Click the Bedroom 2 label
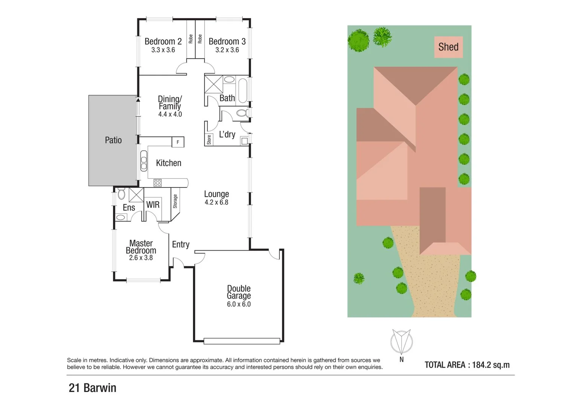[x=163, y=42]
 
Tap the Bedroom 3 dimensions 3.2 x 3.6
[x=227, y=50]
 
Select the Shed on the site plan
[x=448, y=47]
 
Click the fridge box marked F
[x=178, y=142]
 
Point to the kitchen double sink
[x=144, y=161]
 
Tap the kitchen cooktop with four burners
[x=157, y=183]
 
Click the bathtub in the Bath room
[x=243, y=90]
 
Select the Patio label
[x=113, y=140]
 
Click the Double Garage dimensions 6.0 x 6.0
[x=239, y=304]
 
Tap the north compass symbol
[x=401, y=342]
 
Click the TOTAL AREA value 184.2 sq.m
[x=491, y=365]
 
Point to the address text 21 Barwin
[x=92, y=388]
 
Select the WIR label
[x=153, y=205]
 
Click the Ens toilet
[x=122, y=194]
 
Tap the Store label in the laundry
[x=209, y=140]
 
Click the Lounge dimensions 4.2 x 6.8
[x=216, y=202]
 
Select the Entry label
[x=181, y=245]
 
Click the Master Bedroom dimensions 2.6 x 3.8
[x=141, y=258]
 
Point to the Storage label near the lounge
[x=175, y=201]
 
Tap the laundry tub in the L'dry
[x=244, y=141]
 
